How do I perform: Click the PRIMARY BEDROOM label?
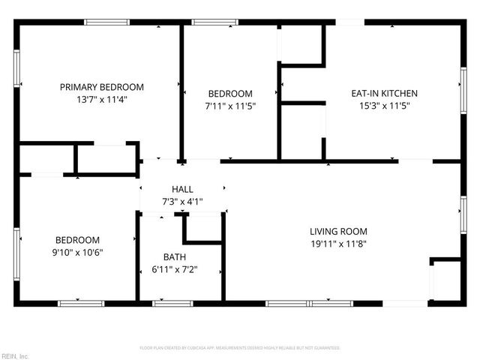click(101, 87)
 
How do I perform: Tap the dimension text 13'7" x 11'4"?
click(101, 100)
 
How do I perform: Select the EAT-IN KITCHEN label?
click(384, 93)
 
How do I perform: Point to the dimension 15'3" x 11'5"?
click(384, 106)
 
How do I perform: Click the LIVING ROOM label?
click(339, 231)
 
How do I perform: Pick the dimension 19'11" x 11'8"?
click(339, 243)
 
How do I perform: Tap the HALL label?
click(182, 190)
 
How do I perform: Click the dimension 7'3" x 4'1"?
click(182, 202)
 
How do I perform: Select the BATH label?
click(175, 256)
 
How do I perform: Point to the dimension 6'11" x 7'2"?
click(175, 268)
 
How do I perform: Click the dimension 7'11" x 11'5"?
click(231, 106)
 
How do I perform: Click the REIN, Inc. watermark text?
click(14, 355)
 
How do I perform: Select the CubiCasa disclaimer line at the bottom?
click(240, 348)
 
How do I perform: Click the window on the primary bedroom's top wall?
click(106, 22)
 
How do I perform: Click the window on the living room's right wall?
click(463, 212)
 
